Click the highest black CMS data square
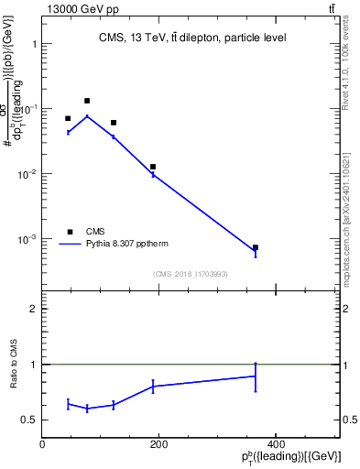(87, 101)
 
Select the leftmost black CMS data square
(68, 118)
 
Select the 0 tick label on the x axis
(43, 445)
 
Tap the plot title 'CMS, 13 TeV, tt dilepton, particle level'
(192, 38)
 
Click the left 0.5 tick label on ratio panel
(29, 420)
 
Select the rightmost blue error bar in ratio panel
(256, 376)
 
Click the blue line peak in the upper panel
(87, 115)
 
